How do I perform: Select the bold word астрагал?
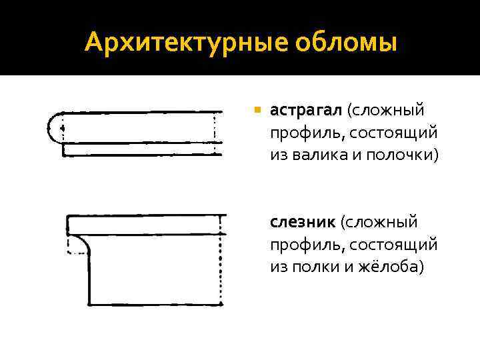pyautogui.click(x=304, y=109)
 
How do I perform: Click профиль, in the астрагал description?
pyautogui.click(x=303, y=132)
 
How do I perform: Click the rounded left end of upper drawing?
pyautogui.click(x=53, y=127)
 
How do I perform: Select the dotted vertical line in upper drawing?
pyautogui.click(x=215, y=133)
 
